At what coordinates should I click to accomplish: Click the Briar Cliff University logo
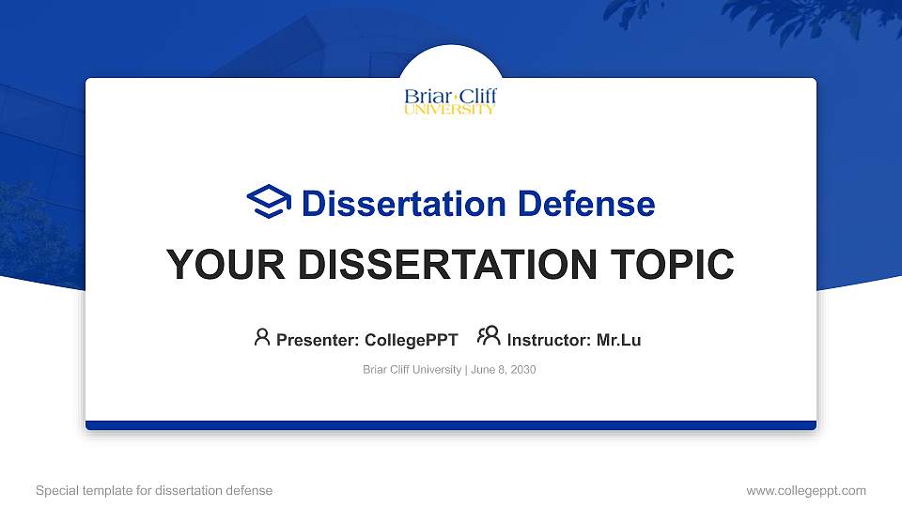point(450,101)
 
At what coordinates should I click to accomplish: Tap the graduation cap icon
point(269,203)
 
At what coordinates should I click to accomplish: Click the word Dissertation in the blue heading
point(391,204)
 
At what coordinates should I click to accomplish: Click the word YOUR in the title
point(214,265)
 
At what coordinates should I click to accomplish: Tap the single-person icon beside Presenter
point(262,337)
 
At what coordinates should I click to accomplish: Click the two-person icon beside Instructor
point(489,337)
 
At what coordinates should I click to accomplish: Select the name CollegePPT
point(411,340)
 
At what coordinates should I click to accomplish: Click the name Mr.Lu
point(618,340)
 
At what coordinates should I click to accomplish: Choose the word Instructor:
point(549,340)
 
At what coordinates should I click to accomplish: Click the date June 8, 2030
point(503,370)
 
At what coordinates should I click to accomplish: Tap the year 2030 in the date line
point(522,370)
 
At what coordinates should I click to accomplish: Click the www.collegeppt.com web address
point(805,490)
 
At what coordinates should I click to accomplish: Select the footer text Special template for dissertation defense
point(154,490)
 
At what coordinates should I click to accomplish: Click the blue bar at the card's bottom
point(451,425)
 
